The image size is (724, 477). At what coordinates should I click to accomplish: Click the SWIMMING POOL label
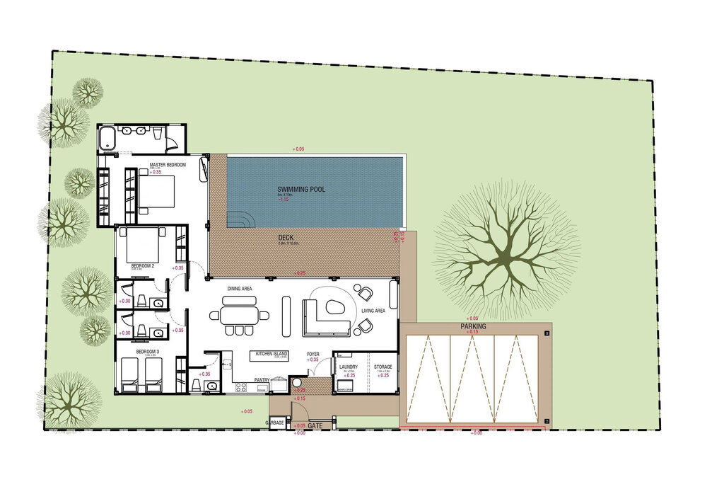[x=301, y=190]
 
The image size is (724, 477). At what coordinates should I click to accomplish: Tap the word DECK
[x=286, y=238]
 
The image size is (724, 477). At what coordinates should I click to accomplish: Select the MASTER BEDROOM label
[x=168, y=165]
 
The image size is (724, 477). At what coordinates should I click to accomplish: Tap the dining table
[x=239, y=314]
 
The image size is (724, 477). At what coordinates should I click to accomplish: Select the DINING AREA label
[x=240, y=289]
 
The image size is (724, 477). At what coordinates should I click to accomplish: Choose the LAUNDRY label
[x=348, y=367]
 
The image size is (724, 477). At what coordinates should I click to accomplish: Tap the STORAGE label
[x=383, y=367]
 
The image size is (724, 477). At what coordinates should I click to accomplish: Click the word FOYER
[x=313, y=354]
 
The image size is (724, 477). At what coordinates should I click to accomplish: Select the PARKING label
[x=473, y=326]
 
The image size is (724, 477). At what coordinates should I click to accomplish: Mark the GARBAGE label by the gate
[x=275, y=423]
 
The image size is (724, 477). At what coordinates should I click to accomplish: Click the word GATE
[x=315, y=426]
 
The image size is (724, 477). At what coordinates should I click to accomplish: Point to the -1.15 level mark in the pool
[x=284, y=199]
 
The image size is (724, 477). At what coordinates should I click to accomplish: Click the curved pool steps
[x=239, y=219]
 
